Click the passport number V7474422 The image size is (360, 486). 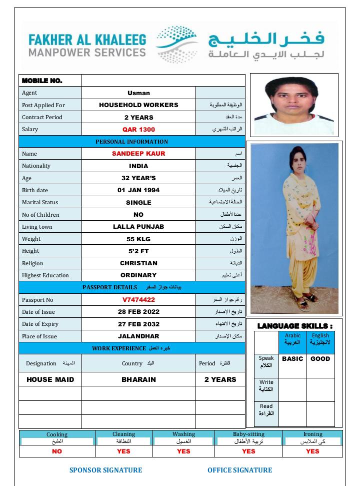coord(138,300)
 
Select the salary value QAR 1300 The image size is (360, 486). coord(138,130)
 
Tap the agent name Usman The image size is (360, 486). coord(138,93)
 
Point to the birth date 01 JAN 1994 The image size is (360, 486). coord(138,190)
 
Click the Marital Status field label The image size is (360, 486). coord(40,202)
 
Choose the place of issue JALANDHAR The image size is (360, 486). coord(138,336)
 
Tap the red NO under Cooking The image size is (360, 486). coord(57,451)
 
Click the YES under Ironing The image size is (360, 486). coord(312,451)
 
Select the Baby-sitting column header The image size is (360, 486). coord(248,434)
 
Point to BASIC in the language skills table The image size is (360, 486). coord(292,359)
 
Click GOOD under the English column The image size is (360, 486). coord(320,359)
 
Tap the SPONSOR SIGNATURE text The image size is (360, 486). coord(105,470)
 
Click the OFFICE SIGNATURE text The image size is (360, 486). coord(240,470)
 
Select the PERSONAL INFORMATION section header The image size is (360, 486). coord(132,142)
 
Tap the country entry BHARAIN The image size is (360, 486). coord(138,379)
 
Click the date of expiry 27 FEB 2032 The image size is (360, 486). coord(138,324)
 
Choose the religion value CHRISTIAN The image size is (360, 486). coord(138,263)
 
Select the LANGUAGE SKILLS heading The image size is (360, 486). coord(294,326)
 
